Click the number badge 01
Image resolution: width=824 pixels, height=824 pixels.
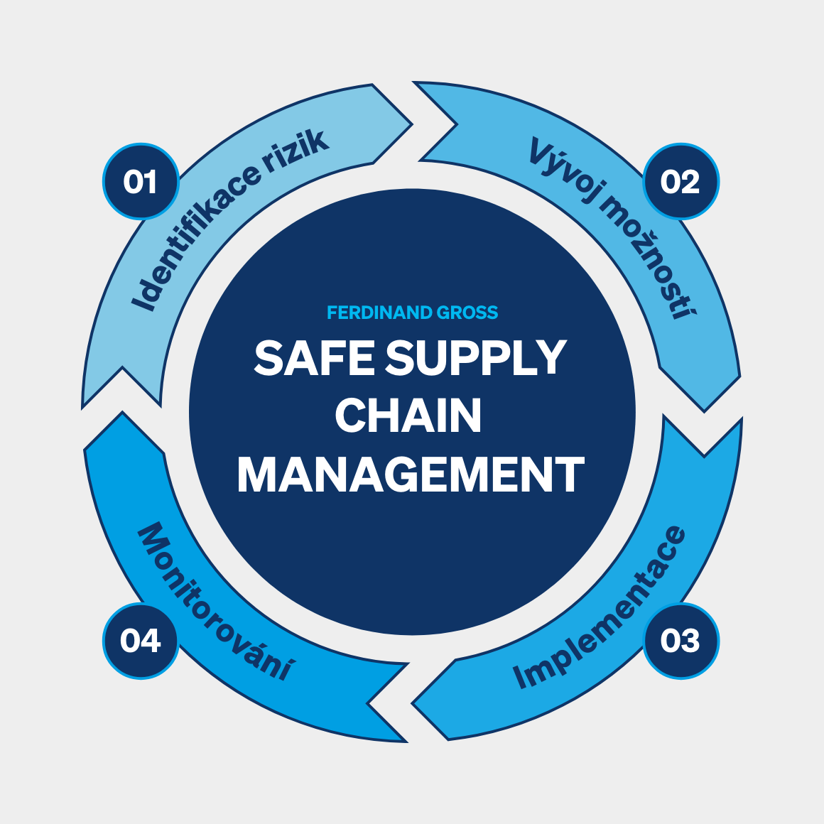coord(140,182)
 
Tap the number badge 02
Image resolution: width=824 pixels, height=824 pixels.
coord(681,182)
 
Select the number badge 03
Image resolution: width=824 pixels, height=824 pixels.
coord(681,641)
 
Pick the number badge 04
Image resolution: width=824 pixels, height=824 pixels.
coord(140,641)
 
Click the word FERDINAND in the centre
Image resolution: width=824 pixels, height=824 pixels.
coord(379,313)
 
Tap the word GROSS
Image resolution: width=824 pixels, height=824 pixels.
coord(467,313)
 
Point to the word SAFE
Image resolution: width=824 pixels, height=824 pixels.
coord(313,358)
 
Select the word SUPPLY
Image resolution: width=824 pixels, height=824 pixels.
coord(475,358)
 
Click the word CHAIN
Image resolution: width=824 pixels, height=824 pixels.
coord(408,416)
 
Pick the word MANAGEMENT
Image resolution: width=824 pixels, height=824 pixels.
coord(411,475)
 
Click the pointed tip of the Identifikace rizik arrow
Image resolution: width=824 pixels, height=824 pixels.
coord(411,124)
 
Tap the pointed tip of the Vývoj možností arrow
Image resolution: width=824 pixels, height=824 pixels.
coord(704,411)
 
